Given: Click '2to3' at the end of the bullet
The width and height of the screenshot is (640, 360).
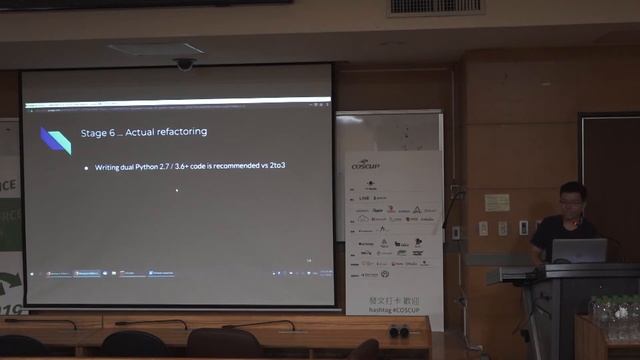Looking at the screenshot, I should coord(278,165).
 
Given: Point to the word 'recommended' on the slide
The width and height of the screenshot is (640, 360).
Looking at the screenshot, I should coord(237,165).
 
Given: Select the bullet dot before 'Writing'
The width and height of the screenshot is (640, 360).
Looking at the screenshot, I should coord(86,165).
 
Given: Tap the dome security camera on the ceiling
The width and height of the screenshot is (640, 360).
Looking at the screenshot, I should coord(185,64).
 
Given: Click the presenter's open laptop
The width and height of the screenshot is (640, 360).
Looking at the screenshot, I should coord(579,250).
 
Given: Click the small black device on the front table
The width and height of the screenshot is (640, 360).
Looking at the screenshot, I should coord(398,330).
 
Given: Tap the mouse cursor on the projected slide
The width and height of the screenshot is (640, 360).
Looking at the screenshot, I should coord(177,189).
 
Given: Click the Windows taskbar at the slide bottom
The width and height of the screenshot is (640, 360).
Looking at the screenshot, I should coord(178,273).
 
